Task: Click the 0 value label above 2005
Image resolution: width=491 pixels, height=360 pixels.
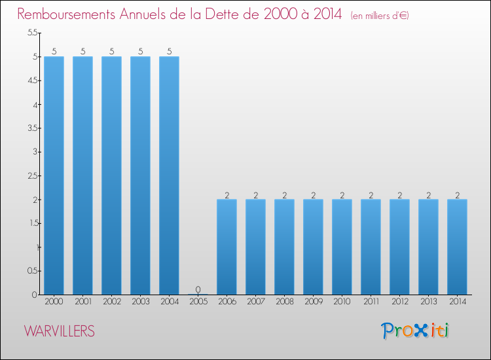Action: (x=198, y=289)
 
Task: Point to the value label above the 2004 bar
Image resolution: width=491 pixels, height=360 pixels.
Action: (x=169, y=52)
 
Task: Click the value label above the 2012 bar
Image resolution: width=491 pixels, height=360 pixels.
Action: (x=399, y=194)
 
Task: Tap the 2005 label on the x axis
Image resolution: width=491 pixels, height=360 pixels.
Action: (x=198, y=302)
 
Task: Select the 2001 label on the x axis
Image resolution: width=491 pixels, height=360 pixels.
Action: (x=82, y=302)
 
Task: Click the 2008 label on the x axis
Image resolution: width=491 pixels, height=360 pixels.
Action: (x=284, y=302)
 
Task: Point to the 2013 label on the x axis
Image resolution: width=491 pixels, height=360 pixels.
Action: (x=428, y=302)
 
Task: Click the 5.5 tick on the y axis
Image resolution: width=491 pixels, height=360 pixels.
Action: (x=31, y=33)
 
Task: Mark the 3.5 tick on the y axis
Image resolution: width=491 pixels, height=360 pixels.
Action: (x=31, y=128)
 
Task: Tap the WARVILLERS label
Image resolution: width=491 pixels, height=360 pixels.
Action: (x=60, y=331)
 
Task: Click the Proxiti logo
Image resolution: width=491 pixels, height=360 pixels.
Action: (x=416, y=331)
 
